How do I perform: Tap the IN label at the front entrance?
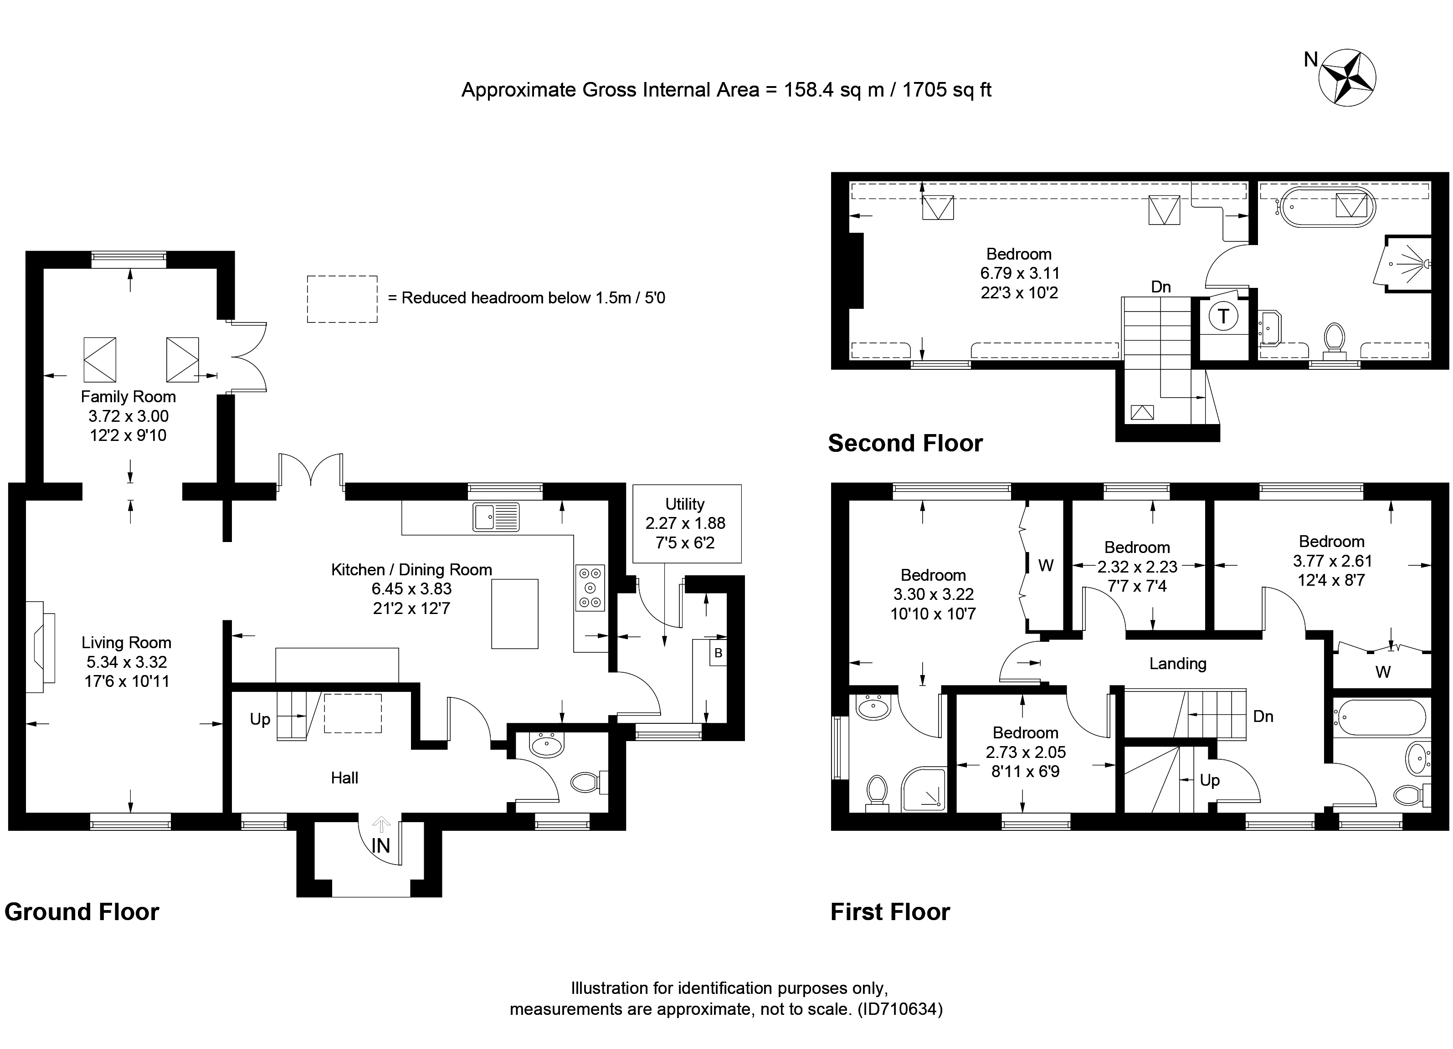pyautogui.click(x=380, y=846)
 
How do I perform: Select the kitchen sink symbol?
pyautogui.click(x=496, y=517)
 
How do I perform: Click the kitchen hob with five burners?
pyautogui.click(x=590, y=587)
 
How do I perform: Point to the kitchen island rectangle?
pyautogui.click(x=514, y=614)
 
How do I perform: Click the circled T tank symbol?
pyautogui.click(x=1223, y=317)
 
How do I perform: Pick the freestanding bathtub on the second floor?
pyautogui.click(x=1325, y=207)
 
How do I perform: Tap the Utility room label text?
pyautogui.click(x=684, y=504)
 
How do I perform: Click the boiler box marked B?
pyautogui.click(x=718, y=653)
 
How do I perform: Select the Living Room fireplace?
pyautogui.click(x=41, y=646)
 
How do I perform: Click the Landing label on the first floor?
pyautogui.click(x=1177, y=664)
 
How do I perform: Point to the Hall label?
pyautogui.click(x=344, y=778)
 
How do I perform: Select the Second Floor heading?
pyautogui.click(x=904, y=443)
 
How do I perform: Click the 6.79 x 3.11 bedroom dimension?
pyautogui.click(x=1019, y=273)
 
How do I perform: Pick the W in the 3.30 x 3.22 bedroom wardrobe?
pyautogui.click(x=1046, y=565)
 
